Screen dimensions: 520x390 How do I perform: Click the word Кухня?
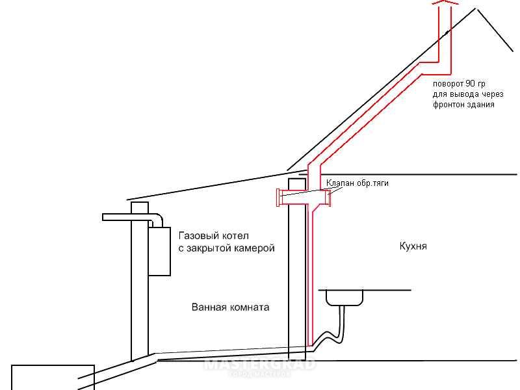tap(413, 246)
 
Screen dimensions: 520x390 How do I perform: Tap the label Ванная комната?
tap(231, 307)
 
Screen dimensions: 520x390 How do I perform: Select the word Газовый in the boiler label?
tap(199, 236)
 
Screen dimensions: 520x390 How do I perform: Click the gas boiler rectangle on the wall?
tap(159, 252)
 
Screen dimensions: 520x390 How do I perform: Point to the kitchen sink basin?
tap(344, 298)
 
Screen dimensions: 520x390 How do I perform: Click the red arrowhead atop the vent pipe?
tap(445, 3)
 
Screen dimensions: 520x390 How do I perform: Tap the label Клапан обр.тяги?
tap(357, 183)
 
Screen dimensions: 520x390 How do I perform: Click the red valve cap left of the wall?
tap(279, 198)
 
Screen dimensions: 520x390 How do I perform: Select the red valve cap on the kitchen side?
tap(329, 198)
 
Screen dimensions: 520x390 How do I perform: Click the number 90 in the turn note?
tap(470, 84)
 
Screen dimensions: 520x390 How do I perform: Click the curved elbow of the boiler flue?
tap(157, 220)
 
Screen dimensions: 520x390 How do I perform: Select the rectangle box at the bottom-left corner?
tap(53, 378)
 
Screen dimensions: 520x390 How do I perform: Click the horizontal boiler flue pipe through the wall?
tap(126, 217)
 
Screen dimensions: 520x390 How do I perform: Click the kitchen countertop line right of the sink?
tap(387, 290)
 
